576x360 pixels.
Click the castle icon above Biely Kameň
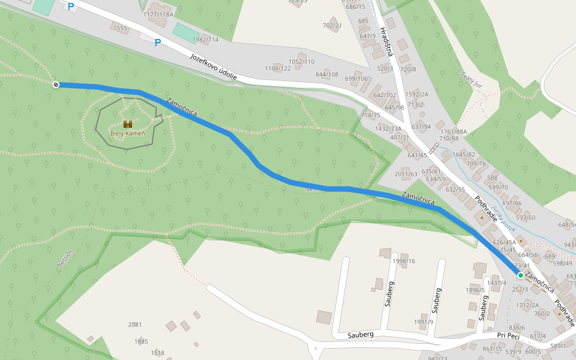127,124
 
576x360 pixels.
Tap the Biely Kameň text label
127,133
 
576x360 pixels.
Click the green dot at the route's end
520,275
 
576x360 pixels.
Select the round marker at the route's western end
56,85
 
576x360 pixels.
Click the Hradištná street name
385,41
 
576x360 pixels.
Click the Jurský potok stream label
503,219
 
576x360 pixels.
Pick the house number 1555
121,28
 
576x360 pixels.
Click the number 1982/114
205,40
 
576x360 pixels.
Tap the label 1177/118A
158,14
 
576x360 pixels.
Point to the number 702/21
332,25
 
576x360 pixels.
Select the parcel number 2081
135,325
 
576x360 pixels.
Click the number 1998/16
404,261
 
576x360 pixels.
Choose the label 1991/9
423,322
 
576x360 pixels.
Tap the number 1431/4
497,283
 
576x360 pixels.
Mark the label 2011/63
406,174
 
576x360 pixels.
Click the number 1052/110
301,62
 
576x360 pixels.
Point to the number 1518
158,353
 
